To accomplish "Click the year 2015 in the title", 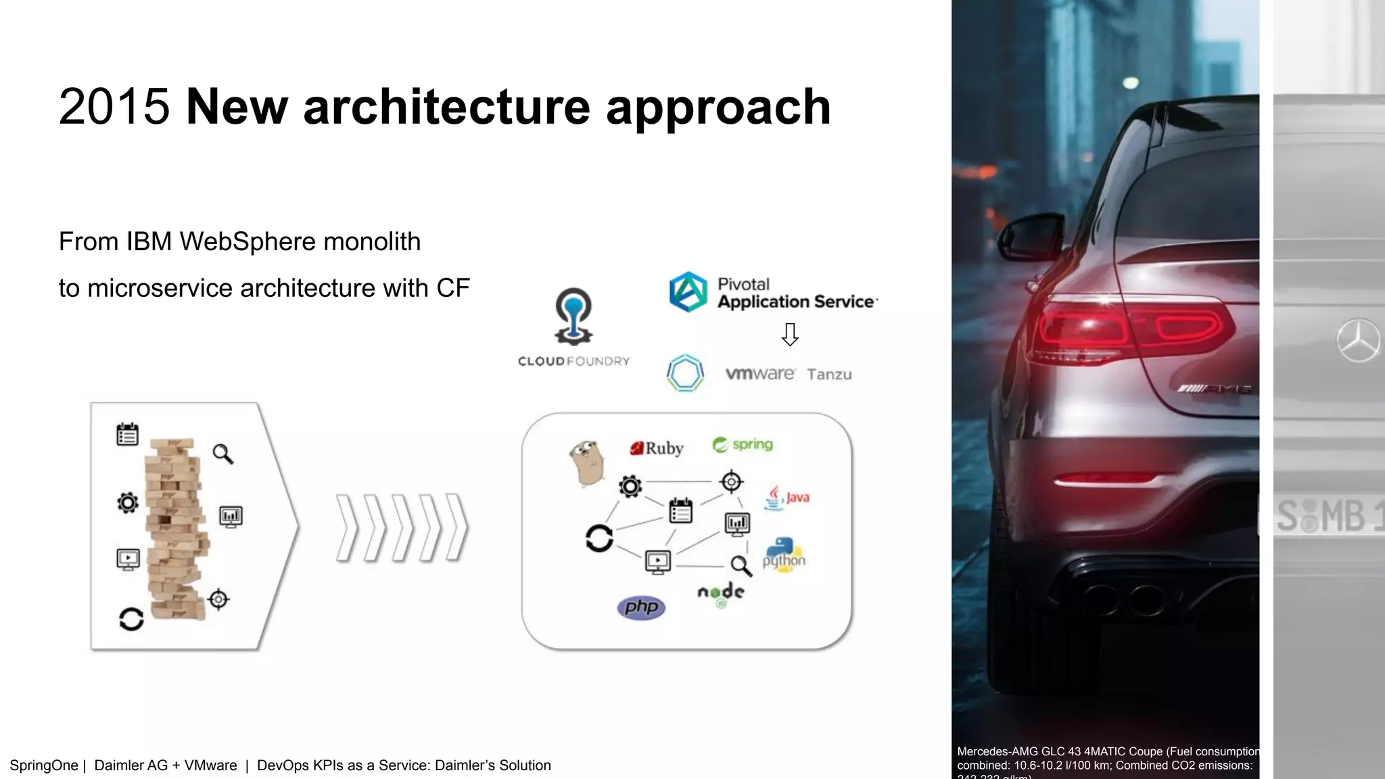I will click(114, 107).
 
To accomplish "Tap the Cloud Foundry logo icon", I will click(573, 316).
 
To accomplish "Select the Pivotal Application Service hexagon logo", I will click(688, 292).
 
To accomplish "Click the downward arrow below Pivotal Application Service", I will click(790, 334).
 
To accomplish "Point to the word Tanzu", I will click(829, 375).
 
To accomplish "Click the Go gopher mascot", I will click(586, 463).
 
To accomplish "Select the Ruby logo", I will click(657, 448).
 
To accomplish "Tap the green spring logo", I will click(743, 444).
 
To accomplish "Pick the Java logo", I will click(787, 498).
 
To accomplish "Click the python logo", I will click(784, 556).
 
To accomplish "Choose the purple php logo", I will click(641, 607).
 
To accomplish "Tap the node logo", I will click(721, 594).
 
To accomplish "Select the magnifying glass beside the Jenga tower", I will click(223, 454).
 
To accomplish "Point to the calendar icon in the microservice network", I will click(680, 511).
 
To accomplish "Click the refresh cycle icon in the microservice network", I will click(599, 538).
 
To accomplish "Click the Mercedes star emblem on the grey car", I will click(1358, 340).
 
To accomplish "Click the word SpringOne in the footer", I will click(44, 765).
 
